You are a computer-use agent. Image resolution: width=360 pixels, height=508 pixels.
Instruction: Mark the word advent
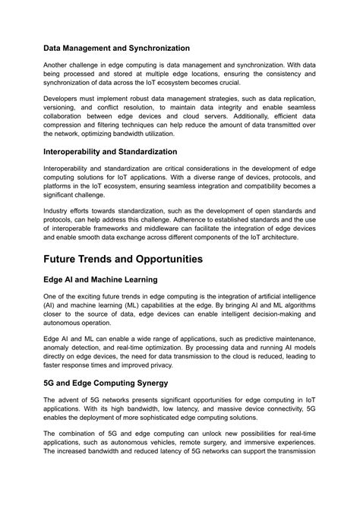pyautogui.click(x=68, y=402)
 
